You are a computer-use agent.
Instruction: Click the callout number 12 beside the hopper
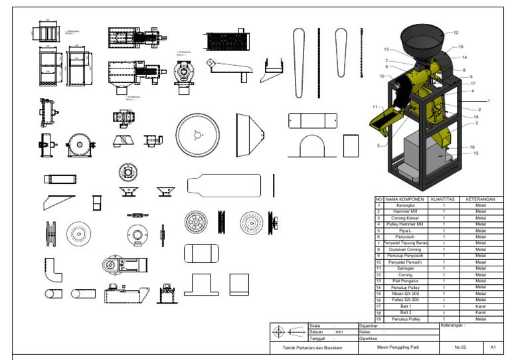[456, 32]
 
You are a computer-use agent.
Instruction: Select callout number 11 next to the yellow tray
[375, 107]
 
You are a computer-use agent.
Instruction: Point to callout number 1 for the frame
[489, 100]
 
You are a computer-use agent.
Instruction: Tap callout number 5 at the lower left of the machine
[379, 145]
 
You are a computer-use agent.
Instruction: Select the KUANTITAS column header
[442, 199]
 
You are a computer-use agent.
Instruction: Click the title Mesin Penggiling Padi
[398, 347]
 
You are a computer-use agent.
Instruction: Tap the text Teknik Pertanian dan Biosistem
[313, 347]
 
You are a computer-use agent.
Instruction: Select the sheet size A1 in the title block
[493, 347]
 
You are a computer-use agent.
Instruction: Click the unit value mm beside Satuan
[339, 332]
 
